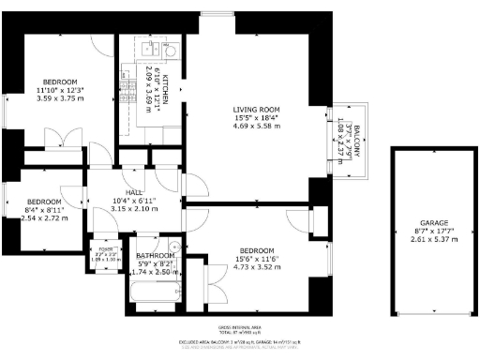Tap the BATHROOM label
[155, 255]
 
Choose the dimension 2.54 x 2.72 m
[44, 218]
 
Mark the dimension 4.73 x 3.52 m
[256, 268]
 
